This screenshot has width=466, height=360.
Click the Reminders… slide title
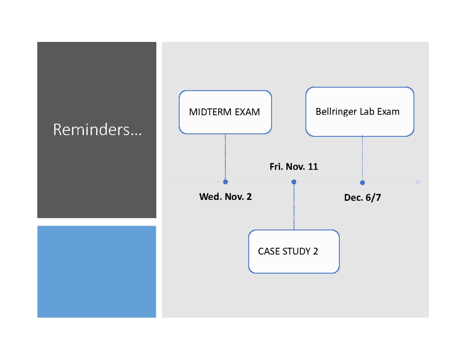pos(97,130)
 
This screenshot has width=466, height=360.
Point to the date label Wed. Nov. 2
pos(225,197)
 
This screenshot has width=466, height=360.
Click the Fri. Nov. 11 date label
pos(294,167)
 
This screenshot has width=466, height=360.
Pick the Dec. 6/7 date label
pos(362,198)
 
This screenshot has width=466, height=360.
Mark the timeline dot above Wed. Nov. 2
pos(226,182)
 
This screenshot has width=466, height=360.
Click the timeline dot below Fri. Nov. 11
pos(294,182)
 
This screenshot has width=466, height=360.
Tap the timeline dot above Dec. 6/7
pos(362,183)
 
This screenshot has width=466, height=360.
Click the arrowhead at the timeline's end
pos(418,182)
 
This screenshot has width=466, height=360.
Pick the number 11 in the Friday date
pos(313,167)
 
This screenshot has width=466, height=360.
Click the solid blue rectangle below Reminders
pos(97,271)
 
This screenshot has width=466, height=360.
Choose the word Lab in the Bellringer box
pos(367,112)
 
